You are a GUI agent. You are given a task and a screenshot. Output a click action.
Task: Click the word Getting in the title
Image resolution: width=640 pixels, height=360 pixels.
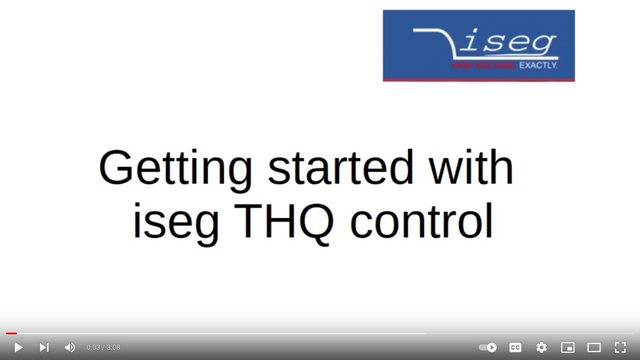click(x=175, y=168)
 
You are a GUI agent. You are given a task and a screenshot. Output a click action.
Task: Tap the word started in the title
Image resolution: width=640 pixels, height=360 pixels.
click(x=340, y=167)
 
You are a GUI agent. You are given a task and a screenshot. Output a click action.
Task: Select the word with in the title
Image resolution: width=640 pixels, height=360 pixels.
click(x=471, y=167)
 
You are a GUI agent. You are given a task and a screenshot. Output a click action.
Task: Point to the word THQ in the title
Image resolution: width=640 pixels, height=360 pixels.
click(x=286, y=222)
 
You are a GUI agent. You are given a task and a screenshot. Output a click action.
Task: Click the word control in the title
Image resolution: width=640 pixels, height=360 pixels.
click(x=421, y=222)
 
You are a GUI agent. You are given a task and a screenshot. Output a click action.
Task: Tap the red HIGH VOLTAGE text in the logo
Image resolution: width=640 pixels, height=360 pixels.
click(x=484, y=66)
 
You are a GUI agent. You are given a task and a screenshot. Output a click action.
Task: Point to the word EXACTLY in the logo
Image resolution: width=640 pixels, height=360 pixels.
click(x=538, y=66)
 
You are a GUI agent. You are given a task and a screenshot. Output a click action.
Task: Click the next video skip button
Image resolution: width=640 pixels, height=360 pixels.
click(x=44, y=347)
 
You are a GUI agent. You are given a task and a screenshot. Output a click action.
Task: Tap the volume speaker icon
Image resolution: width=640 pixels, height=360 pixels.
click(x=70, y=347)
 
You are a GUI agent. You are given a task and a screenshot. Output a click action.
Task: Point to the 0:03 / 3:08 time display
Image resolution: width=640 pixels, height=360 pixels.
click(x=103, y=347)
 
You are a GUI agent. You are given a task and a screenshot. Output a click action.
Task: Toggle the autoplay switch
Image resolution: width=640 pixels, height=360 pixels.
click(x=488, y=347)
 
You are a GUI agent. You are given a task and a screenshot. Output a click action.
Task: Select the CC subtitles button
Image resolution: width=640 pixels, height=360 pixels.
click(x=515, y=347)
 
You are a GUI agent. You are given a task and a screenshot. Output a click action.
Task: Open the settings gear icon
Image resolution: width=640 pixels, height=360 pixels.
click(x=542, y=347)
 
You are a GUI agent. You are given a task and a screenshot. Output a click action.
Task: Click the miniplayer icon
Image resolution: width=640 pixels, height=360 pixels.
click(x=568, y=347)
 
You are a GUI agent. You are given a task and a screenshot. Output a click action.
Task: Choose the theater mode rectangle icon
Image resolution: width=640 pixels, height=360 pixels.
click(x=594, y=347)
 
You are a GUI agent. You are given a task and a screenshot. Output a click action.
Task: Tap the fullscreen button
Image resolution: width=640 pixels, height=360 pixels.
click(x=620, y=347)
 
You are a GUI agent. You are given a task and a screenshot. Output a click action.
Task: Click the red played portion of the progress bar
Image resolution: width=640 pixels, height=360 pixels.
click(x=11, y=333)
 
